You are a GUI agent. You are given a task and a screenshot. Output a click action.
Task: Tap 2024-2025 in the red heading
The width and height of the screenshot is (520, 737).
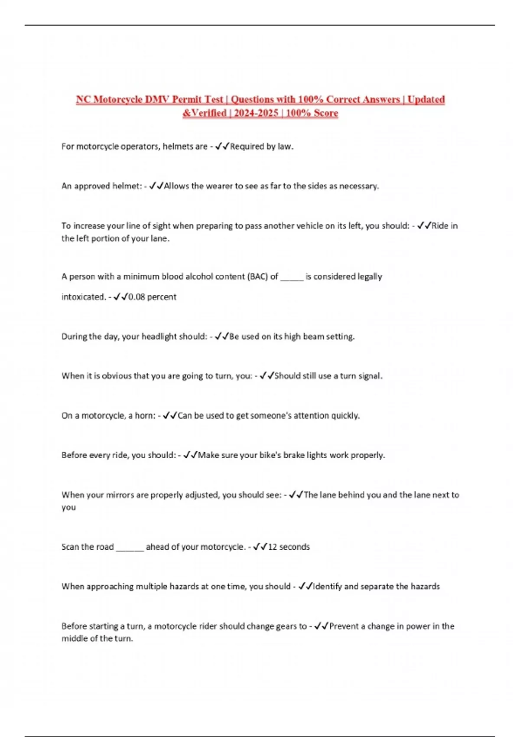[x=256, y=113]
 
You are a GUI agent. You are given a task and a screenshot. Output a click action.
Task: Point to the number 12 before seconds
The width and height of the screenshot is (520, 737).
[x=272, y=547]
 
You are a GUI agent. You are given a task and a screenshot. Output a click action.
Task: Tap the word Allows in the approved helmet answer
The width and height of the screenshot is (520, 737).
[x=176, y=186]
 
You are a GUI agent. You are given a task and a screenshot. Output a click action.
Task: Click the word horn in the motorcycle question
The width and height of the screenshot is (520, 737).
[x=145, y=416]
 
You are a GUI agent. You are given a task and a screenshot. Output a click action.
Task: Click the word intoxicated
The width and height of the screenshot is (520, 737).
[x=83, y=297]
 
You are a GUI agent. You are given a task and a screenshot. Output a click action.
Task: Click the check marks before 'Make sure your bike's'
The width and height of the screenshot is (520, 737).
[x=190, y=455]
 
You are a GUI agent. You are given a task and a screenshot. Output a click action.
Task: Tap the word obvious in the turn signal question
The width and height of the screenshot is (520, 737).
[x=116, y=376]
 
